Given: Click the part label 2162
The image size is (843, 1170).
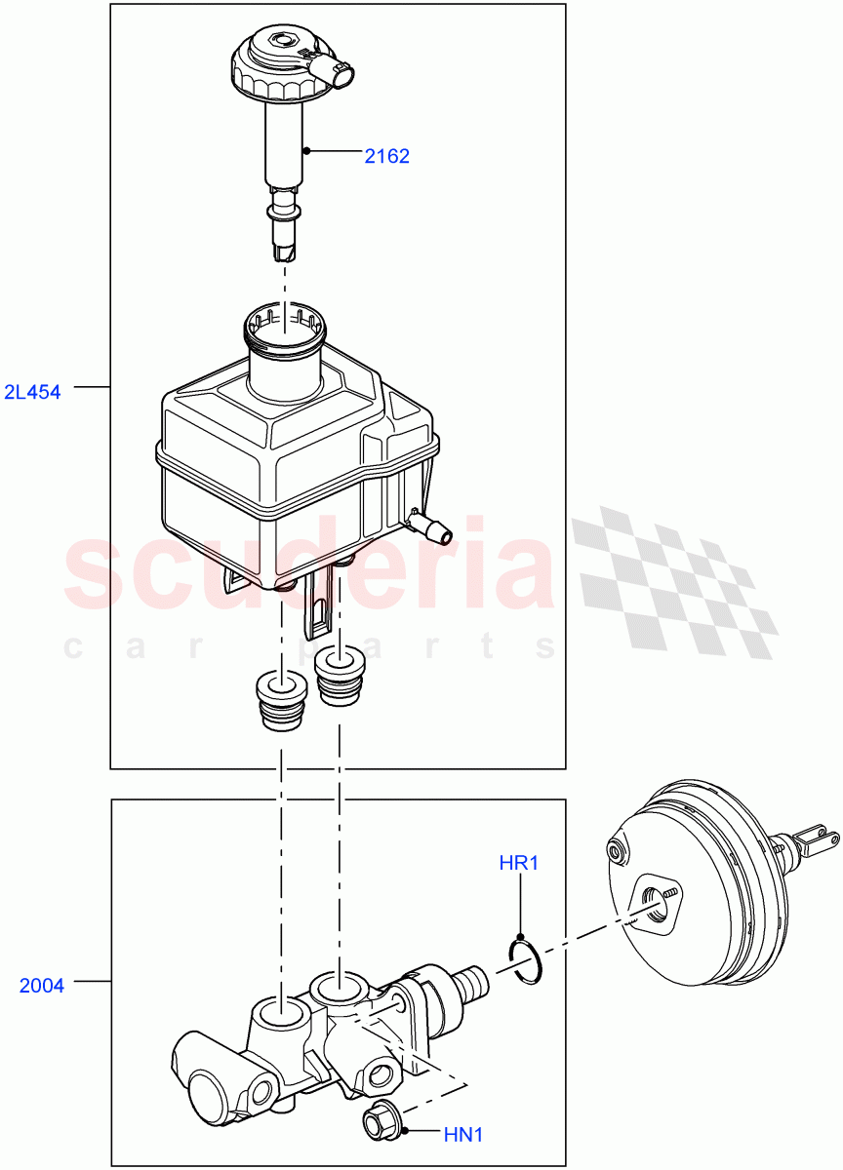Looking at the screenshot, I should point(386,156).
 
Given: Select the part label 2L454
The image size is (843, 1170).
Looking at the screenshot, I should point(31,393).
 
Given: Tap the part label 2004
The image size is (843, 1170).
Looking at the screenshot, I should point(42,986).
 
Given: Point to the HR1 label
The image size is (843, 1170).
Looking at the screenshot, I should point(519,863).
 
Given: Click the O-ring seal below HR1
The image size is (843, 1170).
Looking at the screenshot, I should point(525,959).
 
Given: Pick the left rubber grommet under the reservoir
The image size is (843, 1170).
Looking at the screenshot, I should point(281,699).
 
